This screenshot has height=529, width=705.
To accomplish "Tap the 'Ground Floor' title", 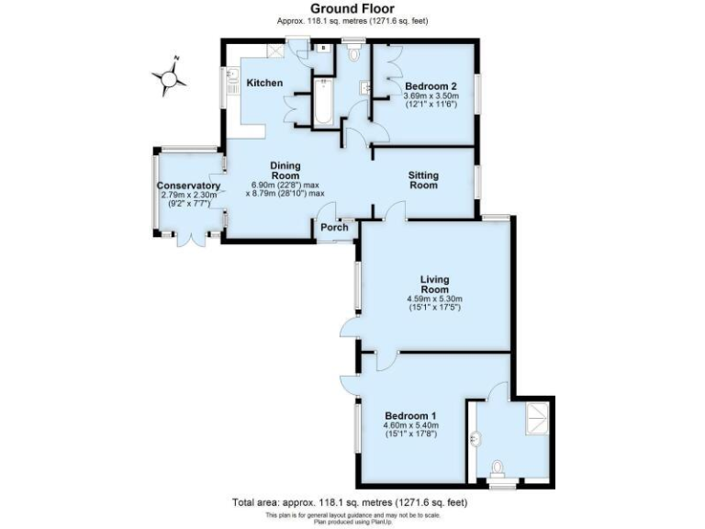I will [352, 8].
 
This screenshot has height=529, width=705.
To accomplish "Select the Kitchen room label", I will [264, 84].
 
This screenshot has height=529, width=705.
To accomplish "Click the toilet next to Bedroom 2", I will [354, 54].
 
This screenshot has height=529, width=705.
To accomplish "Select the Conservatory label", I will [189, 186].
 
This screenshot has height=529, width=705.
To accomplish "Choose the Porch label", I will [334, 228].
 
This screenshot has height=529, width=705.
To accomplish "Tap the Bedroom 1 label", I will [410, 415].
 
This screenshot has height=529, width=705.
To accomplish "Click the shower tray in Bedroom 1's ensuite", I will [535, 419].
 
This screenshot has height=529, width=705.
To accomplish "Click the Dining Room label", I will [285, 171].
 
